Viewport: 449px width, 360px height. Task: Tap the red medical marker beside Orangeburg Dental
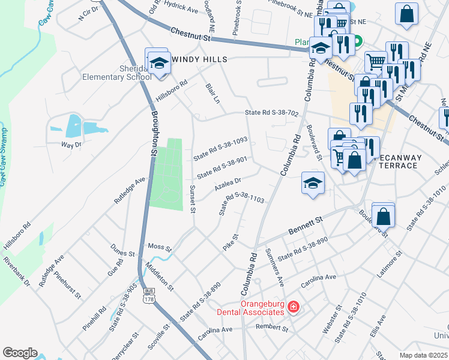pyautogui.click(x=293, y=308)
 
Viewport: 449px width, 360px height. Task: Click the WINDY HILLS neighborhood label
pyautogui.click(x=199, y=59)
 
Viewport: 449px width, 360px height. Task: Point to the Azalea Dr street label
pyautogui.click(x=228, y=184)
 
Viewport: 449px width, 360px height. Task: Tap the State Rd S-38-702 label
pyautogui.click(x=271, y=113)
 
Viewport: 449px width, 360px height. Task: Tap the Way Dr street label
pyautogui.click(x=71, y=145)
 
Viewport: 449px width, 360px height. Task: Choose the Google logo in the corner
pyautogui.click(x=20, y=352)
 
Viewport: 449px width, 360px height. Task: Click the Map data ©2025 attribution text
pyautogui.click(x=423, y=355)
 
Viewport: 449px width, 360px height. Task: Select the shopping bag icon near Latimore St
pyautogui.click(x=383, y=216)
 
